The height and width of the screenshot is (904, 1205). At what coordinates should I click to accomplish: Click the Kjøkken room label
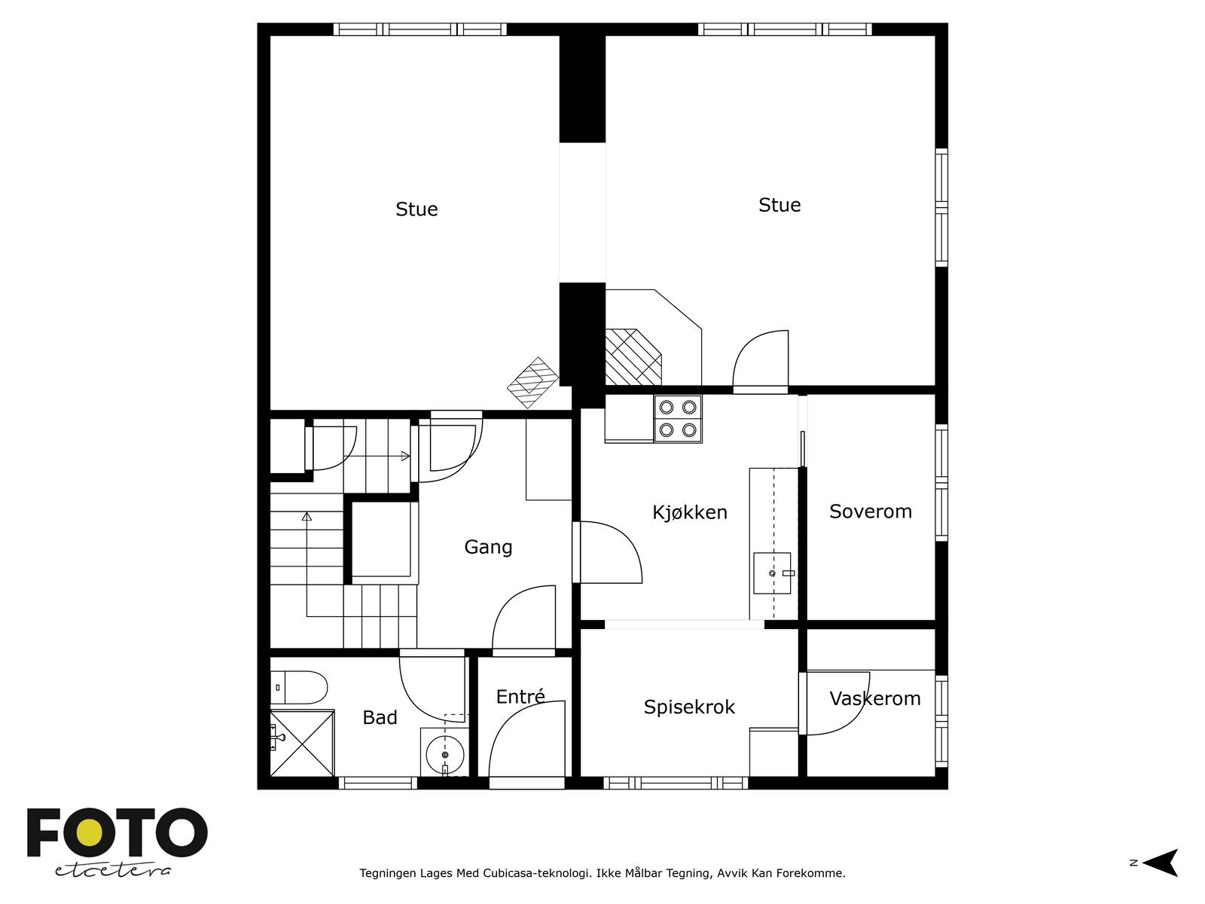tap(690, 513)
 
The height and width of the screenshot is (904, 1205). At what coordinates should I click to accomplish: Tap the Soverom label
tap(871, 512)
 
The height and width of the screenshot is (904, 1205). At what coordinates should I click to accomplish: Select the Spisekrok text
tap(689, 707)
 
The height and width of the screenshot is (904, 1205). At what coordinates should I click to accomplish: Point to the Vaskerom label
tap(875, 699)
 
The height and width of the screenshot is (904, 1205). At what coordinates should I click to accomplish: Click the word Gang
tap(488, 547)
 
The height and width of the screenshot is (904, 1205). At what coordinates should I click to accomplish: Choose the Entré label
tap(520, 696)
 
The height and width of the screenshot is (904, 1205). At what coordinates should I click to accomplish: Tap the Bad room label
tap(380, 718)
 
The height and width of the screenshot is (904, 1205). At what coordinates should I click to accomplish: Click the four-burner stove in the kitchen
tap(678, 419)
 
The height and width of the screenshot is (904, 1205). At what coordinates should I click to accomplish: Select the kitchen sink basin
tap(772, 573)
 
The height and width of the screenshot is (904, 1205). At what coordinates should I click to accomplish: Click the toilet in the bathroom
tap(299, 687)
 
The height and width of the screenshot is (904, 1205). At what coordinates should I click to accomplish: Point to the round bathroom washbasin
tap(444, 755)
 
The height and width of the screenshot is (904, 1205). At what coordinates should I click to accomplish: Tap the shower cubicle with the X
tap(303, 744)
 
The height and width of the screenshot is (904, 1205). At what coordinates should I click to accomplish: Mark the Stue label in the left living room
tap(416, 209)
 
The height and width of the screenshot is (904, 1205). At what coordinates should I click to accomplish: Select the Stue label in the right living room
tap(779, 205)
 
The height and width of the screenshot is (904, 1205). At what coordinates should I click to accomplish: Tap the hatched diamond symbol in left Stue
tap(532, 383)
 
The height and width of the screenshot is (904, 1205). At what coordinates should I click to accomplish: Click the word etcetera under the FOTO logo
tap(112, 871)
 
